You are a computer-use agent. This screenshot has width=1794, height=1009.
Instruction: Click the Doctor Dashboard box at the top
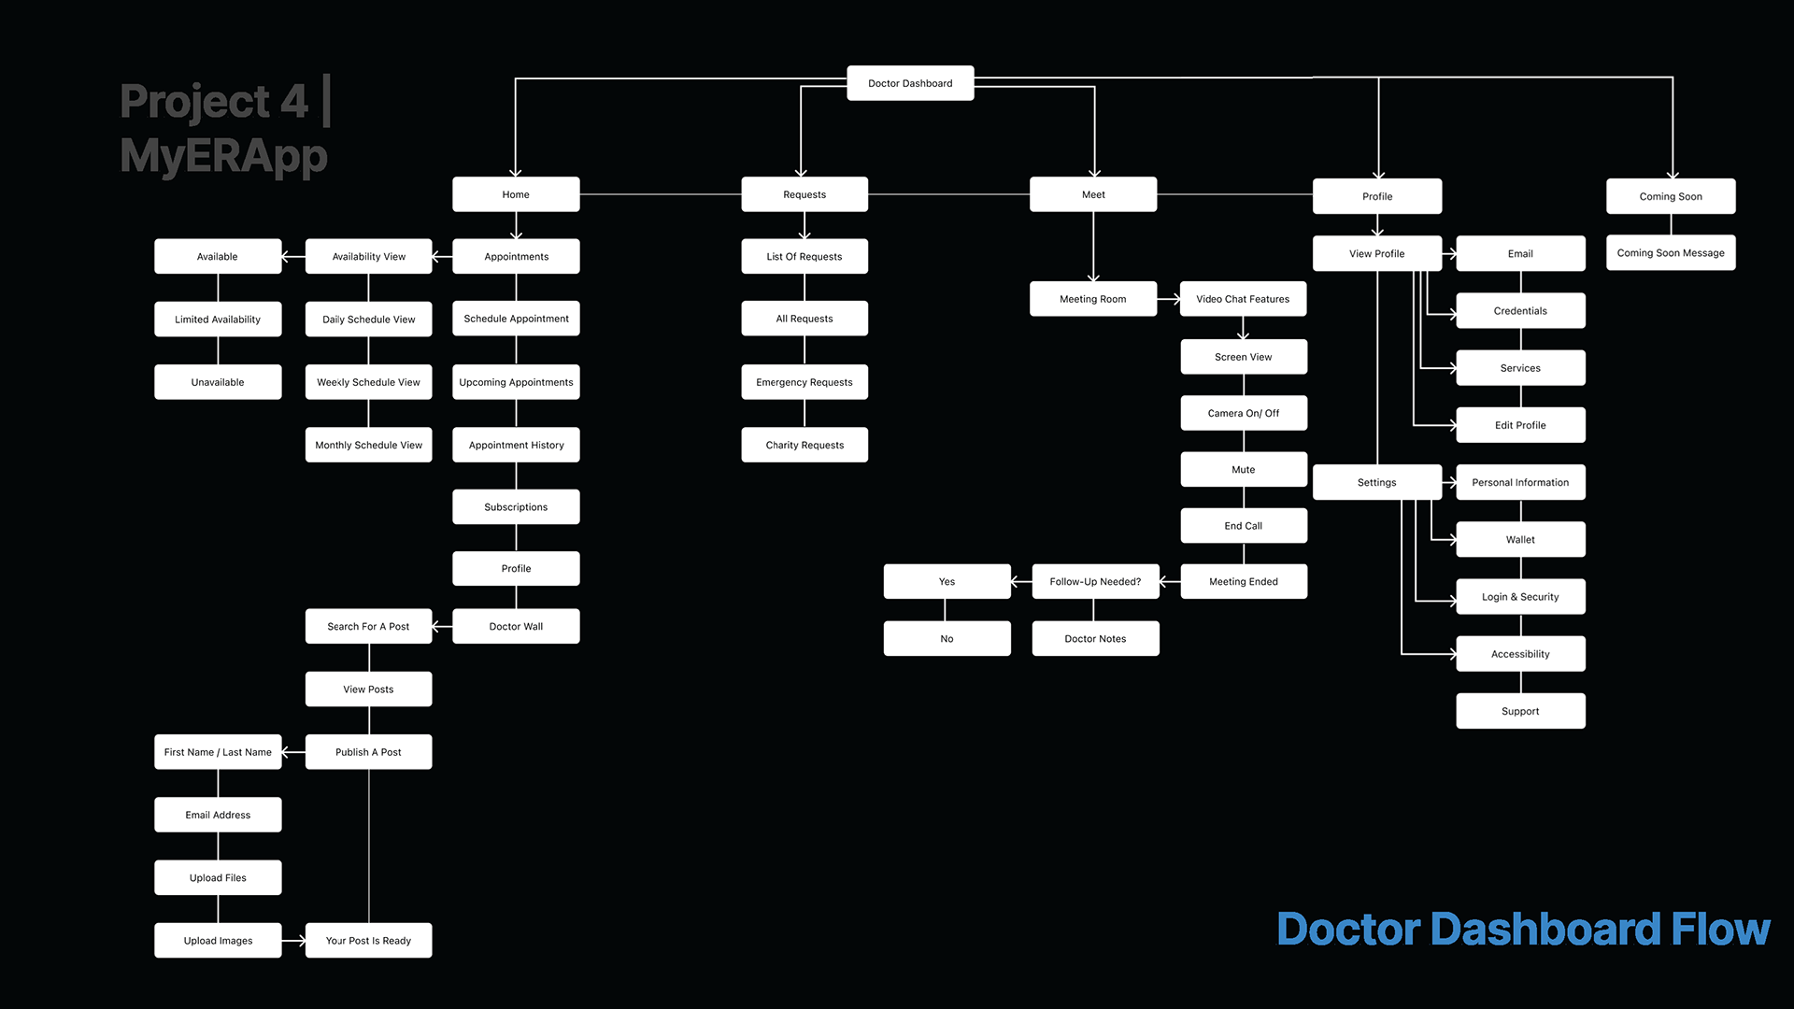[x=910, y=83]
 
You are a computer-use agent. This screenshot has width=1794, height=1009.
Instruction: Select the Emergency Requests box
[x=804, y=382]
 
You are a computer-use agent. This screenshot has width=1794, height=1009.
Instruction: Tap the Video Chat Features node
[x=1243, y=299]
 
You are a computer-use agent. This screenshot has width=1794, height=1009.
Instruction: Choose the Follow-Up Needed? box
[x=1095, y=581]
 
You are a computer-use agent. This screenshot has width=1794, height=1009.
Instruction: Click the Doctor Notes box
[x=1095, y=639]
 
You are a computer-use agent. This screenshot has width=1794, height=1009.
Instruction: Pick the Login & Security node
[x=1520, y=597]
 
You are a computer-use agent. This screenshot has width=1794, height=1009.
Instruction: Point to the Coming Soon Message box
[x=1671, y=253]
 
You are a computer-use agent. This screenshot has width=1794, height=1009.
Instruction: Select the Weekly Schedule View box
[x=368, y=382]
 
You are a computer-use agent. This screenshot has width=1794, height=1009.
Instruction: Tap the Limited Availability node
[x=218, y=320]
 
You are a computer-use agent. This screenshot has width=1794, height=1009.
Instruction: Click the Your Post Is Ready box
[x=368, y=941]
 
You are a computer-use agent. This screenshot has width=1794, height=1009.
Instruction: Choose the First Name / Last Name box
[x=218, y=752]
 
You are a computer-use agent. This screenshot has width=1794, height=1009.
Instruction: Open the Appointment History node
[x=516, y=446]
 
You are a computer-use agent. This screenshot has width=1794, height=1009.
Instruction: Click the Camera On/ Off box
[x=1243, y=413]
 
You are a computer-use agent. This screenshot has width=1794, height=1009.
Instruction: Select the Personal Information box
[x=1520, y=483]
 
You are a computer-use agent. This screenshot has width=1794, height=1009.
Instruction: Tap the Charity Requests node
[x=804, y=446]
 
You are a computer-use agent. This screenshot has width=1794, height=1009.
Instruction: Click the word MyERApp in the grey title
[x=223, y=156]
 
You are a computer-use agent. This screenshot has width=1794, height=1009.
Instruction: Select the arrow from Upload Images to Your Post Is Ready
[x=293, y=941]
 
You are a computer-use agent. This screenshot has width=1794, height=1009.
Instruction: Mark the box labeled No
[x=947, y=639]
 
